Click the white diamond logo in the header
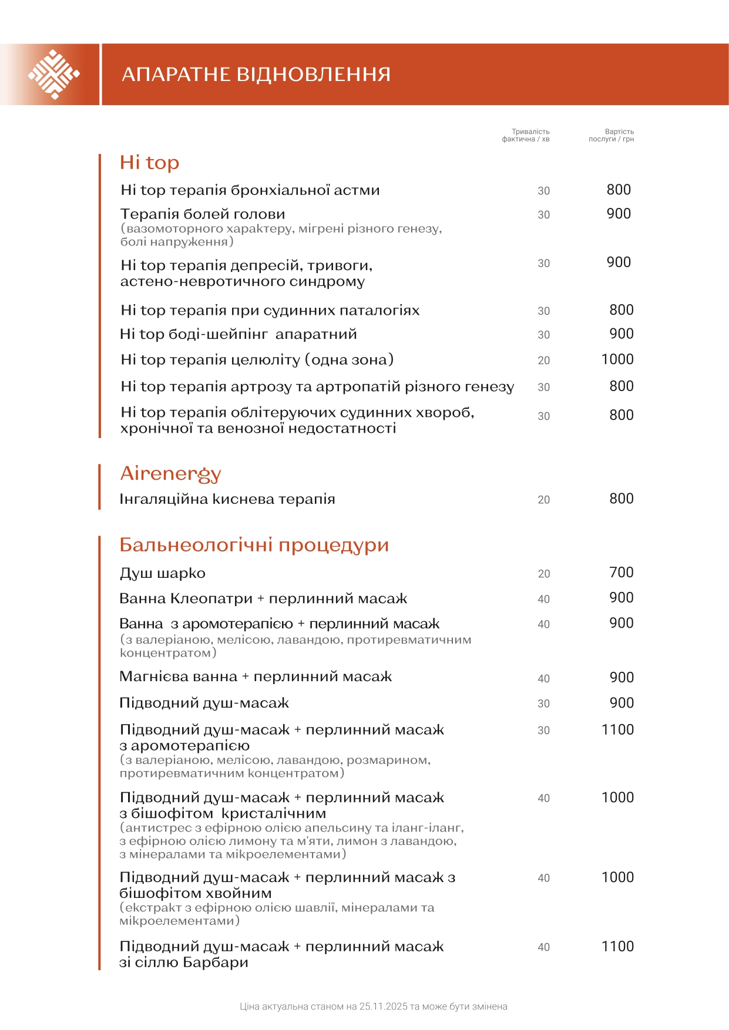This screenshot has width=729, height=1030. pos(53,75)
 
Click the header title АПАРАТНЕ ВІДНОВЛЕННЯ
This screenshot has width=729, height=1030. pos(256,75)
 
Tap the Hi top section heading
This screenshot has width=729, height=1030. pos(149,163)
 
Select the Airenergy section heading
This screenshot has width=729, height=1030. pos(170,473)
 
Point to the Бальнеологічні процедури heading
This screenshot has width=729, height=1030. pos(254,545)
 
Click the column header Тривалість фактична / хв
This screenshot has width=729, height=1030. pos(526,136)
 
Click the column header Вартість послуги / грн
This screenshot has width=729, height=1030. pos(612,136)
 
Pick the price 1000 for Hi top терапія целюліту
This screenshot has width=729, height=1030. pos(617,359)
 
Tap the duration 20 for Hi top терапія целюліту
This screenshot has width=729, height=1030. pos(544,361)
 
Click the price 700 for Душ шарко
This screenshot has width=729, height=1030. pos(622,573)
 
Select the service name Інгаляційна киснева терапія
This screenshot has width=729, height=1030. pos(227,499)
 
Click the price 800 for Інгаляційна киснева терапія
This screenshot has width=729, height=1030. pos(622,499)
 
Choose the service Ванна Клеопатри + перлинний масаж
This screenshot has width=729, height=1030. pos(263,599)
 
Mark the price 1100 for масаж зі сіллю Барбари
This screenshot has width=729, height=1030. pos(617,947)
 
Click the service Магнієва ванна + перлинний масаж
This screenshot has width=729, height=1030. pos(256,676)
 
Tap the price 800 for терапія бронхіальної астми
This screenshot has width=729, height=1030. pos(619,190)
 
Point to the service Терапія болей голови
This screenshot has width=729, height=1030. pos(203,214)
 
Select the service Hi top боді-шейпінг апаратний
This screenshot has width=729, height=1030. pos(238,334)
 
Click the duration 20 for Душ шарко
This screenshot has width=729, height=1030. pos(544,574)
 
